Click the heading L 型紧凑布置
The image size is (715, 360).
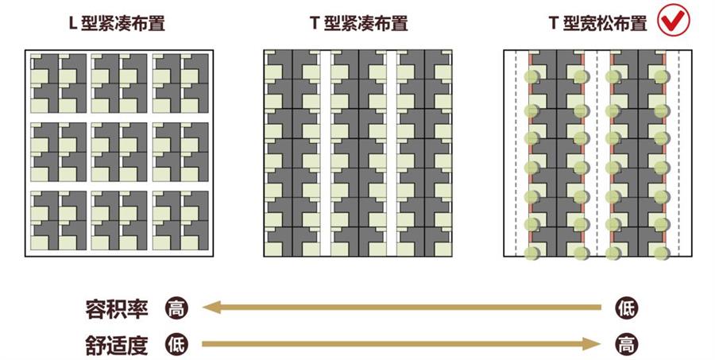coord(116,23)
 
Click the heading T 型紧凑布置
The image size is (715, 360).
coord(358,23)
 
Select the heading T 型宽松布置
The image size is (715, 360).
coord(597,23)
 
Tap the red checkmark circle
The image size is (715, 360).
coord(674,20)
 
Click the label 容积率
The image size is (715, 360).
coord(117,309)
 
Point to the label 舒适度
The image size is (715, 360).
coord(117,345)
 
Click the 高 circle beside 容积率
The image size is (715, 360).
coord(176,308)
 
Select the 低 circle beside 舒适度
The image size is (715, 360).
coord(176,344)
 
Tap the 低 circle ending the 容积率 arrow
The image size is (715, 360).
coord(626,308)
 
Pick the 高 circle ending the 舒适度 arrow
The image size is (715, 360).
coord(626,344)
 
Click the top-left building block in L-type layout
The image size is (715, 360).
coord(58,83)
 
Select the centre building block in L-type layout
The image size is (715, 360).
coord(119,152)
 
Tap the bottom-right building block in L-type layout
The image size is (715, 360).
coord(180,220)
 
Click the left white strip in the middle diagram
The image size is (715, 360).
coord(325,153)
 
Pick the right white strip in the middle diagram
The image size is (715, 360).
coord(391,153)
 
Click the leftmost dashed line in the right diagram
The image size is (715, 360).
coord(516,153)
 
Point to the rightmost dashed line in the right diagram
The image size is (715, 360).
coord(679,153)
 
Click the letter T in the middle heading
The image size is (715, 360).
coord(314,22)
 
